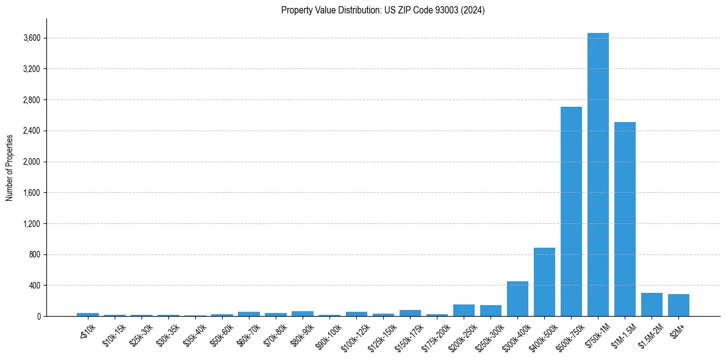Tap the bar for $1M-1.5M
click(x=625, y=219)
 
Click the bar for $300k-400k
click(x=517, y=299)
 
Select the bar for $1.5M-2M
click(x=652, y=304)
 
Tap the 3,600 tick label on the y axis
click(x=31, y=38)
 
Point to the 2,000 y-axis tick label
click(x=31, y=162)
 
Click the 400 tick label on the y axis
click(x=34, y=286)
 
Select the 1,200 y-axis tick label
click(x=31, y=224)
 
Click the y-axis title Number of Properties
click(x=10, y=167)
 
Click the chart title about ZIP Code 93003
click(x=383, y=10)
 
